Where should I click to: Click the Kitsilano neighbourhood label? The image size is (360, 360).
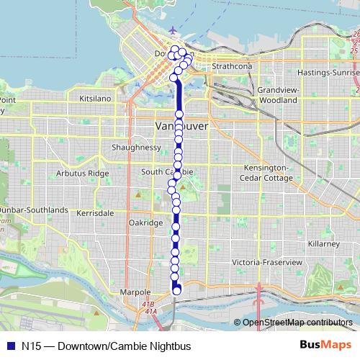click(x=96, y=96)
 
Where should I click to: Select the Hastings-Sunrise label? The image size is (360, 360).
click(x=332, y=73)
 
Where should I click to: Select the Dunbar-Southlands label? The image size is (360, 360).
click(x=34, y=210)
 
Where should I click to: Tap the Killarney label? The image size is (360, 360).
click(x=323, y=245)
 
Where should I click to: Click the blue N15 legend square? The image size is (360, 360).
click(x=9, y=346)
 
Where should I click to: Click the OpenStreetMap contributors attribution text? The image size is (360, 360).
click(x=298, y=322)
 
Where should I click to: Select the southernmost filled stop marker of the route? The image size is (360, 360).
click(x=177, y=291)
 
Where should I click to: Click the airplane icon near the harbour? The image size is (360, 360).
click(x=174, y=31)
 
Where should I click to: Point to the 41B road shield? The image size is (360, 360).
click(x=149, y=305)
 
